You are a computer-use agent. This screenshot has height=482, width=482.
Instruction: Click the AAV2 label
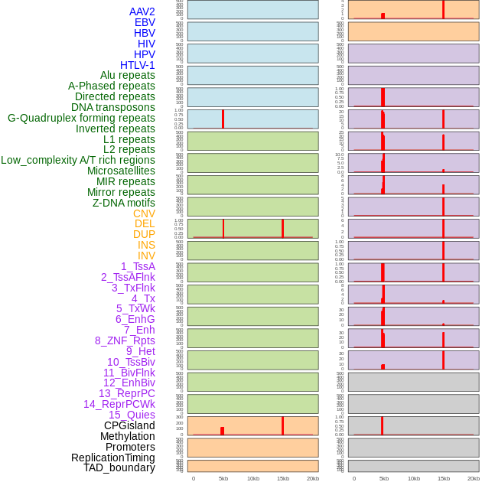pos(142,11)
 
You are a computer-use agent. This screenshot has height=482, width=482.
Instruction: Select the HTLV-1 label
pos(137,65)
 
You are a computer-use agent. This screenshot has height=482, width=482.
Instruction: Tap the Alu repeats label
pos(127,75)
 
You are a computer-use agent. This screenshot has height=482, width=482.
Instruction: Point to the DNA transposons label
pos(113,107)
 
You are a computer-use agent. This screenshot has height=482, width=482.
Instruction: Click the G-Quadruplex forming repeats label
pos(81,118)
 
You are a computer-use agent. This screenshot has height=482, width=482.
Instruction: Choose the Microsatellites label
pos(121,171)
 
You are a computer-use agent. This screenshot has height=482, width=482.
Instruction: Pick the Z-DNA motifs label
pos(123,203)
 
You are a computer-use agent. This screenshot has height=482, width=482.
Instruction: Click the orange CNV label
pos(144,213)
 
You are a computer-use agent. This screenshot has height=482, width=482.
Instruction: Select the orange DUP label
pos(144,234)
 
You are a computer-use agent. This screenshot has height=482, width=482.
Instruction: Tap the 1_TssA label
pos(138,266)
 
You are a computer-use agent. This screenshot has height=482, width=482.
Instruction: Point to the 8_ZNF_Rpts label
pos(125,340)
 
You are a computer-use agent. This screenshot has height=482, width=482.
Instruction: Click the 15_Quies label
pos(132,415)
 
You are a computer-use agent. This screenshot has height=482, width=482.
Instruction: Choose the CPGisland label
pos(129,425)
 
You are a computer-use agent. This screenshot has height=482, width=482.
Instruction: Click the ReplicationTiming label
pos(112,458)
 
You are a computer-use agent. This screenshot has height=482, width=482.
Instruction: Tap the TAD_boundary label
pos(119,467)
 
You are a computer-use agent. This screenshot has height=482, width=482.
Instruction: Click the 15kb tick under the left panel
pos(282,478)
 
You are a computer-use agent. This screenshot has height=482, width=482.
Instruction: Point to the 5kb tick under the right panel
pos(383,478)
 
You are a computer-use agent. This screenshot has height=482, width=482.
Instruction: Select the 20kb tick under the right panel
pos(474,478)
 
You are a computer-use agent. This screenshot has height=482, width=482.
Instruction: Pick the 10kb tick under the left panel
pos(252,478)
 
